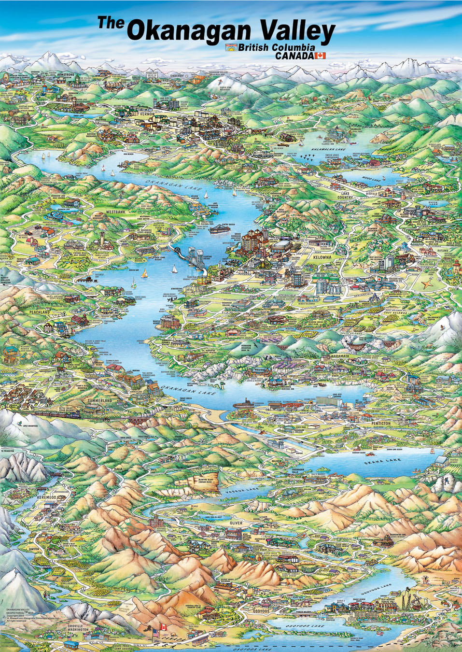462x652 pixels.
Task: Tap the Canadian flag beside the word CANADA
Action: tap(320, 56)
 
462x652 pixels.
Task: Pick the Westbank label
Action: tap(116, 212)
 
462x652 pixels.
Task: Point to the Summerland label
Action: tap(100, 401)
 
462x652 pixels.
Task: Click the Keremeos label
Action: tap(46, 497)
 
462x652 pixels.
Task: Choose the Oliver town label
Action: tap(236, 523)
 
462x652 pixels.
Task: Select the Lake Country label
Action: tap(345, 195)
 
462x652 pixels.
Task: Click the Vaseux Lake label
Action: tap(240, 491)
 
